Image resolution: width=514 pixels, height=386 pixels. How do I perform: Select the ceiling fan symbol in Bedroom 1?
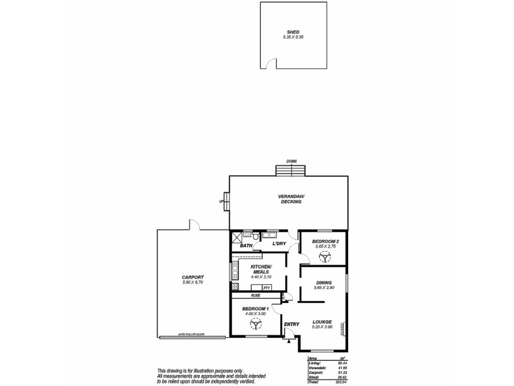pyautogui.click(x=254, y=324)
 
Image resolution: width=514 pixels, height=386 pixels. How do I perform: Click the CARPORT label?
pyautogui.click(x=193, y=278)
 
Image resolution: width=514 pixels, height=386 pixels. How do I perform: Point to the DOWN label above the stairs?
pyautogui.click(x=291, y=161)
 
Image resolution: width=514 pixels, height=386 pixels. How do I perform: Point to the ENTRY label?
pyautogui.click(x=292, y=325)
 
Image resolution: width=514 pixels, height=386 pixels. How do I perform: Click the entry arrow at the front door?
pyautogui.click(x=288, y=342)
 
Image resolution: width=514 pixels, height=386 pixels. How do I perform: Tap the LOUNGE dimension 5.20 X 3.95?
pyautogui.click(x=322, y=327)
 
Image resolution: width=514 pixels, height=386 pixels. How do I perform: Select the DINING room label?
pyautogui.click(x=323, y=282)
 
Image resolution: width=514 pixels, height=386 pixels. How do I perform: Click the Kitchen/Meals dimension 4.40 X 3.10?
pyautogui.click(x=261, y=277)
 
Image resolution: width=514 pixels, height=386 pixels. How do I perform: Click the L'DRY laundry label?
pyautogui.click(x=279, y=244)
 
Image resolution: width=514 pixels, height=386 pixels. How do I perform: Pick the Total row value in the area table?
pyautogui.click(x=341, y=381)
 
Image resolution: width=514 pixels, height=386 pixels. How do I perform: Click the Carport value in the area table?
pyautogui.click(x=341, y=372)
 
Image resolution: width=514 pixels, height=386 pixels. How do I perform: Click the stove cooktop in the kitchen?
pyautogui.click(x=235, y=287)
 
